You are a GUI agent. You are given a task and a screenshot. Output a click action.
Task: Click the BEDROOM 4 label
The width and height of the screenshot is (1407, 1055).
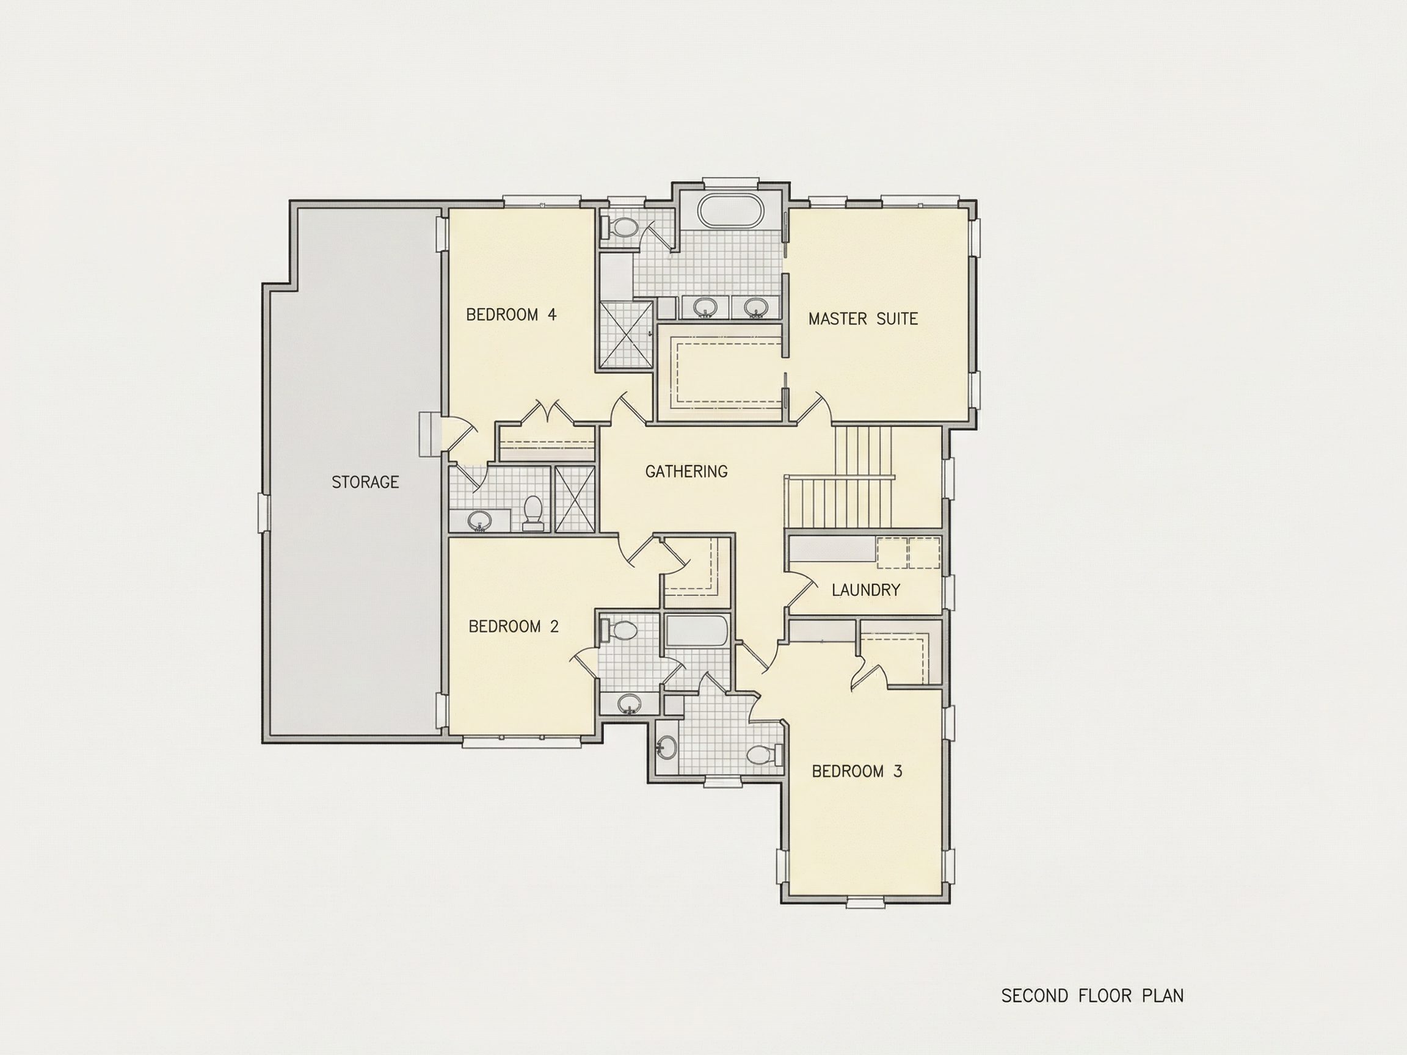pyautogui.click(x=511, y=315)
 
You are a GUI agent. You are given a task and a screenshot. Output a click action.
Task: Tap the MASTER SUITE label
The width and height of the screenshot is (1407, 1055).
pyautogui.click(x=863, y=319)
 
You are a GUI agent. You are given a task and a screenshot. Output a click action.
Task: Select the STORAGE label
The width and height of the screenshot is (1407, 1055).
pyautogui.click(x=365, y=482)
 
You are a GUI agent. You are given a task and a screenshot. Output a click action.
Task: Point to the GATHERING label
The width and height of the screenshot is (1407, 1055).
pyautogui.click(x=686, y=471)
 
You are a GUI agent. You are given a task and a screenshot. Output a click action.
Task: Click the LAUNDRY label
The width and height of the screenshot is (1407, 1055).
pyautogui.click(x=866, y=590)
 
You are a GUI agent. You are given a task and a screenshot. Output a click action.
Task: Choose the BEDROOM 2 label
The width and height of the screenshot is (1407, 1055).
pyautogui.click(x=514, y=626)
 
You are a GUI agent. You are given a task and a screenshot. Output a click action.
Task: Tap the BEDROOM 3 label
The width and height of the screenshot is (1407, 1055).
pyautogui.click(x=857, y=771)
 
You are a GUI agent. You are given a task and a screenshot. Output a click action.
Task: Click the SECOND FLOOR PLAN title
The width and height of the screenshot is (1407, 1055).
pyautogui.click(x=1092, y=996)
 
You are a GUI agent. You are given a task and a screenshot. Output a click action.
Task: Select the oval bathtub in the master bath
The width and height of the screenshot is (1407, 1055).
pyautogui.click(x=730, y=210)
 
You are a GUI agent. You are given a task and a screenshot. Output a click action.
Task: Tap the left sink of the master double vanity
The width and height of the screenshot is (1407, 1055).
pyautogui.click(x=704, y=307)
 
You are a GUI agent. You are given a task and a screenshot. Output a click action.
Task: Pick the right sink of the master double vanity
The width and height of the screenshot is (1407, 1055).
pyautogui.click(x=755, y=307)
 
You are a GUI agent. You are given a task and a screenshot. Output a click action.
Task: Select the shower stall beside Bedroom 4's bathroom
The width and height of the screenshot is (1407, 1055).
pyautogui.click(x=575, y=499)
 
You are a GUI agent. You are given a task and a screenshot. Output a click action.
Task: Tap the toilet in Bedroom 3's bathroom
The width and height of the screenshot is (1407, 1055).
pyautogui.click(x=763, y=755)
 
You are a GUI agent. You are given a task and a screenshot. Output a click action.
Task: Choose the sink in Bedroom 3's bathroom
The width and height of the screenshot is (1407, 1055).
pyautogui.click(x=667, y=748)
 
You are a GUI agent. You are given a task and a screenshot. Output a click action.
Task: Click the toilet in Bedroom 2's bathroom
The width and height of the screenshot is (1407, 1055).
pyautogui.click(x=620, y=631)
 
